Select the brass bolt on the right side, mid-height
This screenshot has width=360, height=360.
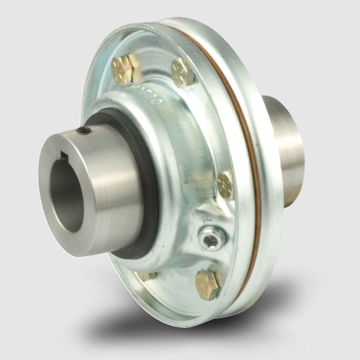tap(225, 185)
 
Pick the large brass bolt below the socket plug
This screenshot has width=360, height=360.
tap(207, 284)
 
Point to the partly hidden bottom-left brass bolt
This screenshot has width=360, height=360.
tap(148, 276)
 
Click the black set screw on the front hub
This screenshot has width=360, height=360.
tap(82, 131)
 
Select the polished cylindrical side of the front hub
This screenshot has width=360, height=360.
tap(114, 185)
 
